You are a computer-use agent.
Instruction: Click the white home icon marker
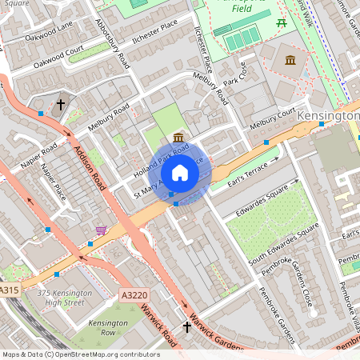pos(180,172)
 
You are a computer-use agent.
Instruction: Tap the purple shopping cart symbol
pos(101,230)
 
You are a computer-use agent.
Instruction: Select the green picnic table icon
pos(281,23)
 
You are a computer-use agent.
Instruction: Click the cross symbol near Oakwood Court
pos(61,105)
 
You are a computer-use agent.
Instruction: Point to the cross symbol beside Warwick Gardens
pos(187,327)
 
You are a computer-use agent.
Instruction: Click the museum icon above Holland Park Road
pos(178,138)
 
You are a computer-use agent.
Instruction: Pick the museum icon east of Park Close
pos(290,61)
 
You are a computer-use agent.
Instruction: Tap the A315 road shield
pos(10,290)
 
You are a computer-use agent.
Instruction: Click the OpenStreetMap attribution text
pos(81,354)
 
